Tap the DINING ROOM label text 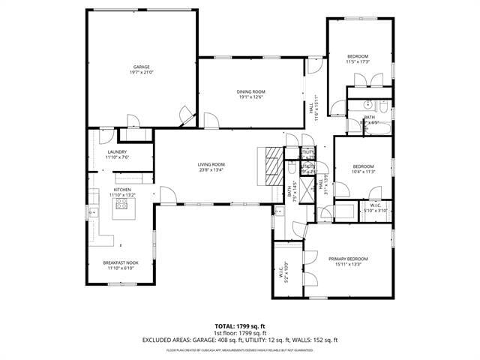click(252, 91)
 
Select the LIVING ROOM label click(211, 164)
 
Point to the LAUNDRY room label click(116, 151)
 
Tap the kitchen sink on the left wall click(93, 213)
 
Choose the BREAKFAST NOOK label click(121, 262)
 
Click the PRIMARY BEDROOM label click(348, 259)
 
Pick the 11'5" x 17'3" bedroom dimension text click(358, 62)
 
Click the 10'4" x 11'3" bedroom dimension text click(363, 172)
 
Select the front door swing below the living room click(167, 196)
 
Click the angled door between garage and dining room click(185, 116)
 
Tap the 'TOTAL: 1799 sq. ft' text click(239, 326)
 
